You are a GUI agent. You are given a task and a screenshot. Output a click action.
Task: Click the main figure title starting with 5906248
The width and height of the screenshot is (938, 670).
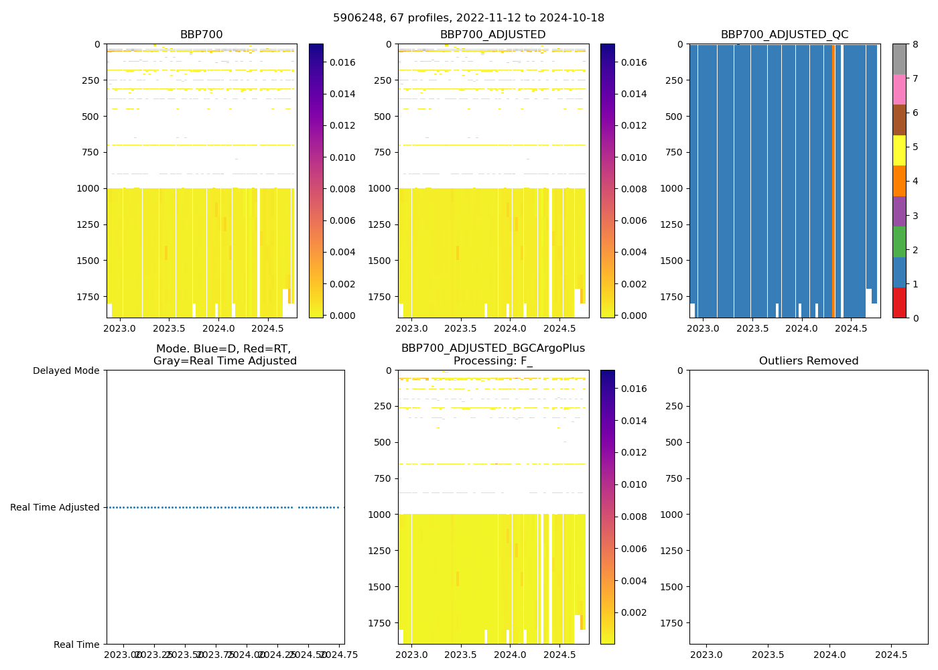(468, 18)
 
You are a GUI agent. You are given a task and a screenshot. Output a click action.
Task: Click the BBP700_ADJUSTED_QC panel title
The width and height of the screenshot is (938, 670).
(784, 35)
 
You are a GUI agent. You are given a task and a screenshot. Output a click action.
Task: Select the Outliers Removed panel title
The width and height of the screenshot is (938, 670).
(808, 361)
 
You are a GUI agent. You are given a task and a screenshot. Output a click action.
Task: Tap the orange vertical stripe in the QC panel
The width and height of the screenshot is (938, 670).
(833, 181)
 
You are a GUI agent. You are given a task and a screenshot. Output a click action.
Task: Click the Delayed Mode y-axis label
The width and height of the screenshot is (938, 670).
(66, 371)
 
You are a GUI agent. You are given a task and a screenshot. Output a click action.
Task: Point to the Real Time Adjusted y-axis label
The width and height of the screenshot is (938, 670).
(55, 507)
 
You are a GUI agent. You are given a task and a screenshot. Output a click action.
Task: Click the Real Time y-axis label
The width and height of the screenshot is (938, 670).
(76, 645)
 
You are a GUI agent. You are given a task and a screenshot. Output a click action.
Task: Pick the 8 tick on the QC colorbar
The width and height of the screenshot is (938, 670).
(915, 45)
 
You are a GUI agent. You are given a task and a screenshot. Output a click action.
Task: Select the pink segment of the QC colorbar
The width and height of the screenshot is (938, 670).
(899, 89)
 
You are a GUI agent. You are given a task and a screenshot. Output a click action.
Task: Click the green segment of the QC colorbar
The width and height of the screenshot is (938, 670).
(899, 241)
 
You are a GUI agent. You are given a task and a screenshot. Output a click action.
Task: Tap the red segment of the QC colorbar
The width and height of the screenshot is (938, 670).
(899, 303)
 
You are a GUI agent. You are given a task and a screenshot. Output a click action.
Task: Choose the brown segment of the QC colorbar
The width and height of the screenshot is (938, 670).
(899, 120)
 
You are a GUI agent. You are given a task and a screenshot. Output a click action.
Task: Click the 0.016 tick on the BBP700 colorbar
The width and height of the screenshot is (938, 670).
(342, 62)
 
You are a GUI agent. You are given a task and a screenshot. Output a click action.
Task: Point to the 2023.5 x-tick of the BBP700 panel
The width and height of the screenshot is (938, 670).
(169, 328)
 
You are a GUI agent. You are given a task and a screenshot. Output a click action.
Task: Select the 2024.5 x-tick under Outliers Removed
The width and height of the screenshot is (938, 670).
(891, 655)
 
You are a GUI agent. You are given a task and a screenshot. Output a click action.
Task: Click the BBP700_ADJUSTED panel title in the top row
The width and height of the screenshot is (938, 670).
(492, 35)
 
